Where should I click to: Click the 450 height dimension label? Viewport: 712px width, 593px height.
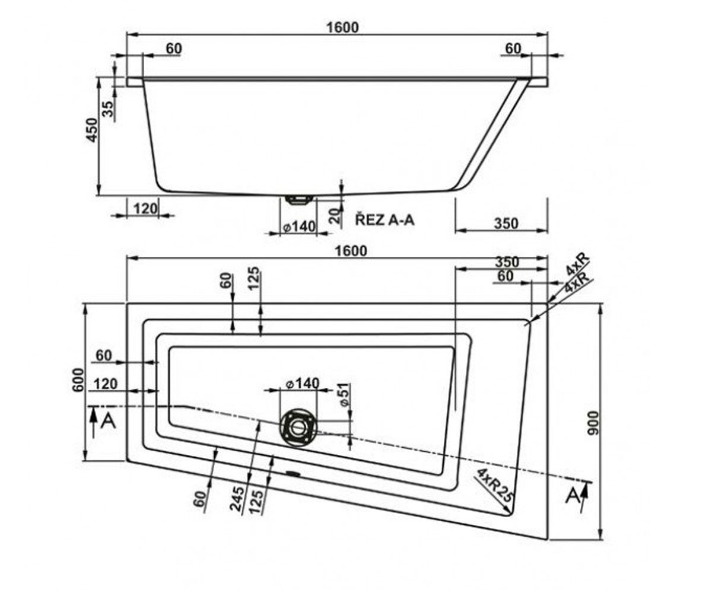pos(92,130)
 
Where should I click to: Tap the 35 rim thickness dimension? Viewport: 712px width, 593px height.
pos(109,109)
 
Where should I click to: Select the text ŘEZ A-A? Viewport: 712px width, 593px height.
pos(385,220)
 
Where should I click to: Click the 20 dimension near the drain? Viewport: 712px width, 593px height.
pos(336,215)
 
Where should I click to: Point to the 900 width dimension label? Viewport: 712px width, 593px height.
pos(593,423)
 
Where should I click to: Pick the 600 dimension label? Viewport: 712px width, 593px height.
pos(78,380)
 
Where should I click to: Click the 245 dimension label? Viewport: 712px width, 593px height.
pos(237,499)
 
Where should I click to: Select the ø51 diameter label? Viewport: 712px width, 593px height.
pos(345,395)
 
